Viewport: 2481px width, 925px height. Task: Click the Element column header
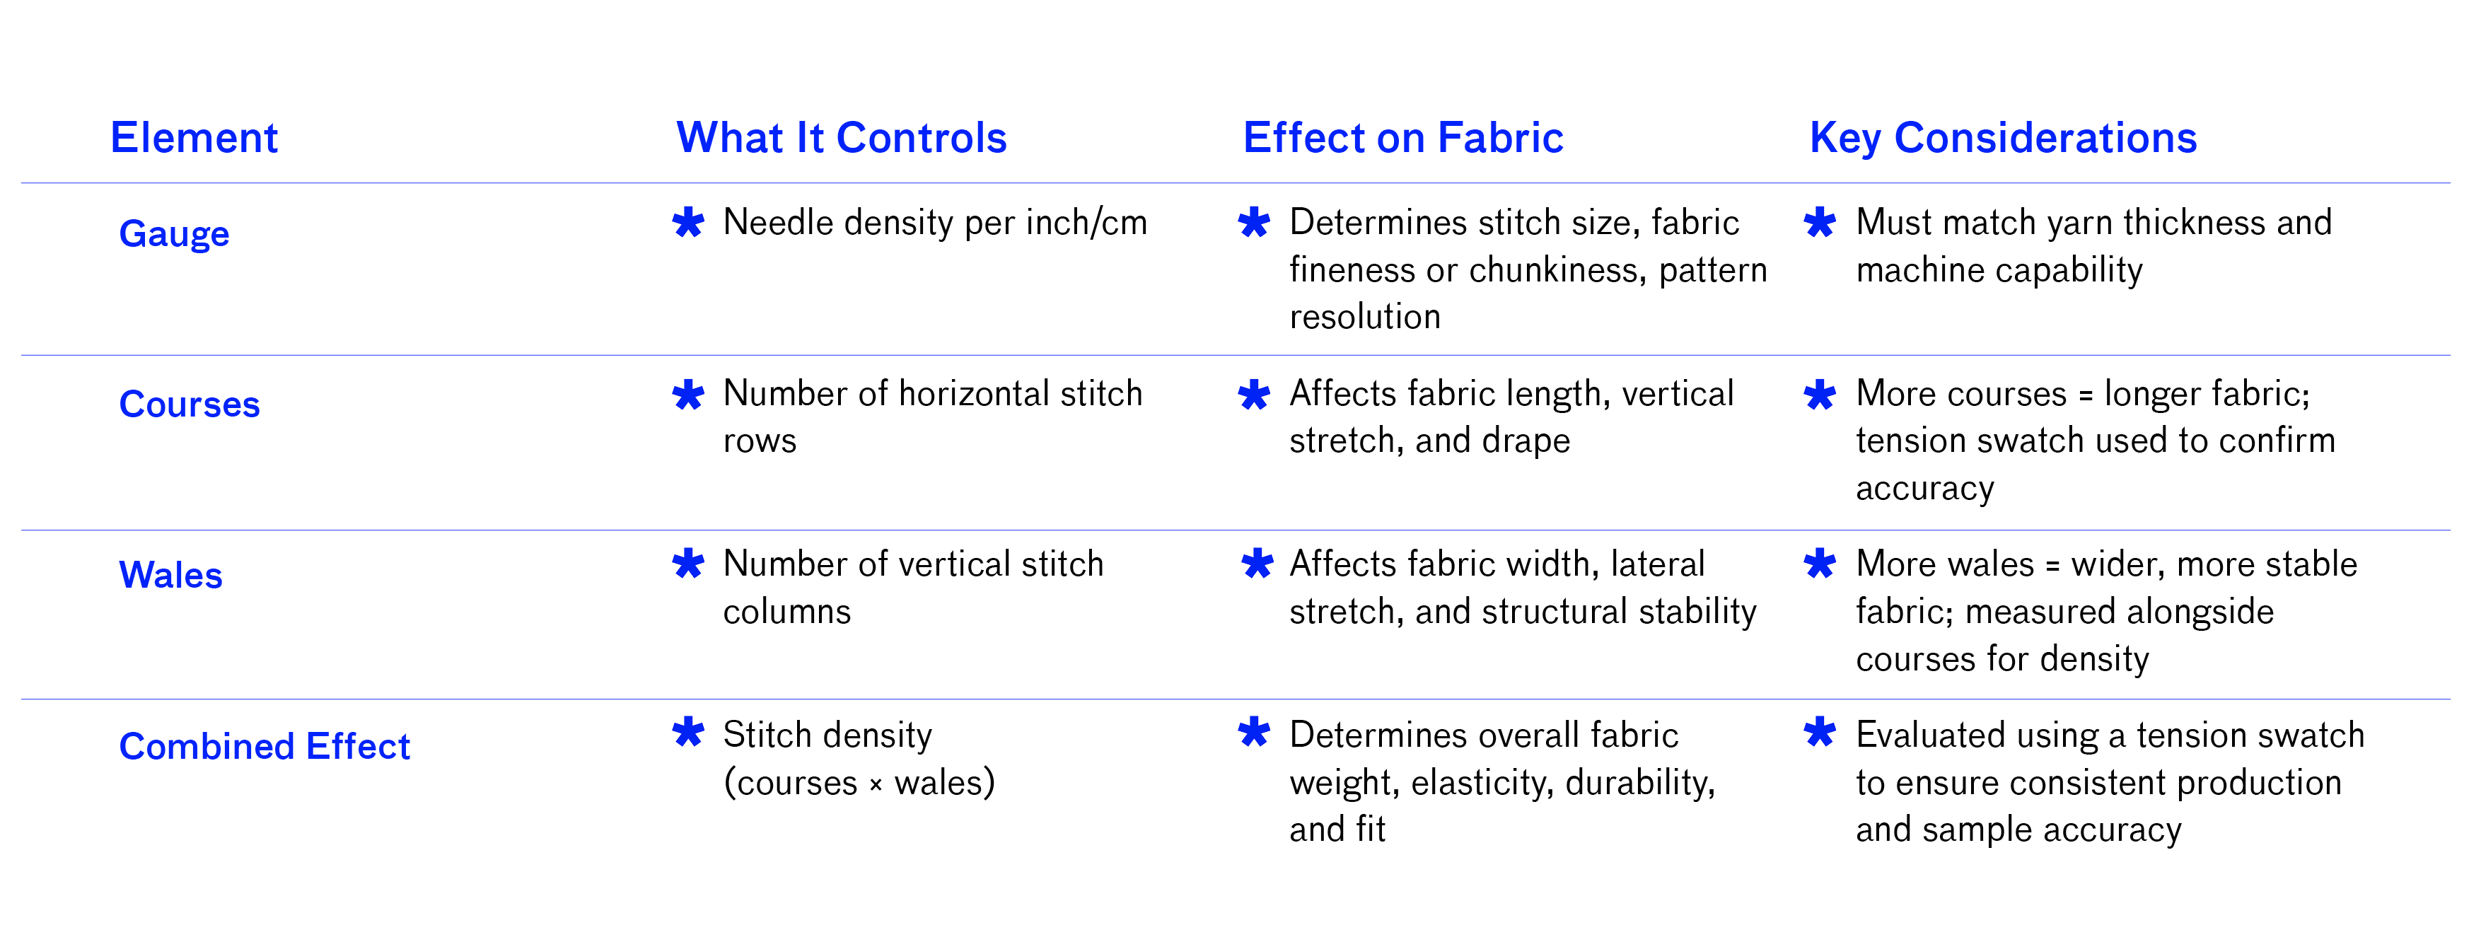pyautogui.click(x=194, y=138)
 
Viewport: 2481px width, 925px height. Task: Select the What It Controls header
pyautogui.click(x=841, y=138)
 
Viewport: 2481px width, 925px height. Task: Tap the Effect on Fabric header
pyautogui.click(x=1402, y=138)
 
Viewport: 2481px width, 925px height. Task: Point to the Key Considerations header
pyautogui.click(x=2004, y=139)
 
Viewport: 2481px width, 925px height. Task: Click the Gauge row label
pyautogui.click(x=174, y=234)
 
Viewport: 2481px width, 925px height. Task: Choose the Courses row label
pyautogui.click(x=190, y=405)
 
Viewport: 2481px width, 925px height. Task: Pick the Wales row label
pyautogui.click(x=170, y=575)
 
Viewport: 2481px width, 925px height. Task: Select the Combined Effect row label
pyautogui.click(x=265, y=747)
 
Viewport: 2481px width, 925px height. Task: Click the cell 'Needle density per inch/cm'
pyautogui.click(x=935, y=223)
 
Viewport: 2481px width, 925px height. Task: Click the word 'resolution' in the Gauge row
pyautogui.click(x=1365, y=317)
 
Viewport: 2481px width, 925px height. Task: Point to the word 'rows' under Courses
pyautogui.click(x=760, y=441)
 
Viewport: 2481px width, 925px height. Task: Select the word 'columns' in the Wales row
pyautogui.click(x=787, y=612)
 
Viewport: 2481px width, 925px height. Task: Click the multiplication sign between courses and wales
pyautogui.click(x=876, y=785)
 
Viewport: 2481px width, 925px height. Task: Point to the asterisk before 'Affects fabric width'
pyautogui.click(x=1257, y=564)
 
